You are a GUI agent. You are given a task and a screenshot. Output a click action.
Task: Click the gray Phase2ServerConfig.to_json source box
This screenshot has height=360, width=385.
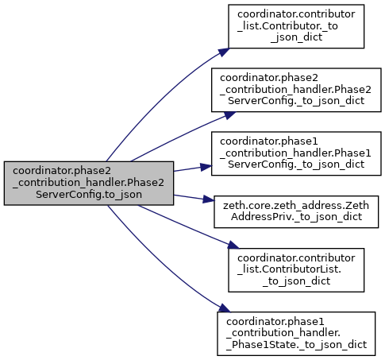(89, 183)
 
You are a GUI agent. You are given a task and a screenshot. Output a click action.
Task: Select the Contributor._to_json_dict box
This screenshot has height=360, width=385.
(296, 26)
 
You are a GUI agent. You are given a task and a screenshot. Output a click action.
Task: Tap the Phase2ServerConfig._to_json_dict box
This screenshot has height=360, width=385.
(296, 90)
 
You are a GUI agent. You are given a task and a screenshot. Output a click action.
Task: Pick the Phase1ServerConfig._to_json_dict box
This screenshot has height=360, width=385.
(296, 153)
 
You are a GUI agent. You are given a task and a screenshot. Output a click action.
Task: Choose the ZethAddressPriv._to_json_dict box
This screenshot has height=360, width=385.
(296, 211)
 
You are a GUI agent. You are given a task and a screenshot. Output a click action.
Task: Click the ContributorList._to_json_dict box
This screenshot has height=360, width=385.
(296, 270)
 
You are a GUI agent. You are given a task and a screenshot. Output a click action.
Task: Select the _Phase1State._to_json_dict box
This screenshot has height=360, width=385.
(296, 334)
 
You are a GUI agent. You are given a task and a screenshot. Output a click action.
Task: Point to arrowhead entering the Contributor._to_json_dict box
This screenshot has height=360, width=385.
(224, 52)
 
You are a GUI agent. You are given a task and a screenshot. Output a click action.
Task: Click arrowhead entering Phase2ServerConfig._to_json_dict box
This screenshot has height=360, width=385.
(229, 115)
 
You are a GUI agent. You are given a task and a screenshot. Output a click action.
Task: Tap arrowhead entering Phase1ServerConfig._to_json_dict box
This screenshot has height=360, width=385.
(206, 167)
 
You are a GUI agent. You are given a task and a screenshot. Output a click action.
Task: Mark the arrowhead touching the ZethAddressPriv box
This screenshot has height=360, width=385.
(208, 199)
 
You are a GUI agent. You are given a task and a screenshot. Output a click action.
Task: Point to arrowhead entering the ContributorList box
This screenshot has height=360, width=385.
(233, 245)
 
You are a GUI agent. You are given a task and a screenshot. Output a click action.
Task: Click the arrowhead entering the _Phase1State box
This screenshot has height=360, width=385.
(225, 308)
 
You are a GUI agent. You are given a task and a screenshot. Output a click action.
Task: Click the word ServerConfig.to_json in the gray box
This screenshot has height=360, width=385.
(89, 195)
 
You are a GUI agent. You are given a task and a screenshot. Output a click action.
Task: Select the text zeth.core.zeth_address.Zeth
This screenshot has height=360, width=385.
(296, 206)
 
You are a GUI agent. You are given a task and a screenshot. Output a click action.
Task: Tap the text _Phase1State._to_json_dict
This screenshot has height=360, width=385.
(296, 345)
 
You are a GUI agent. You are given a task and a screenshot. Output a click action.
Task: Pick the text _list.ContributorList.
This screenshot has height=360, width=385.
(290, 269)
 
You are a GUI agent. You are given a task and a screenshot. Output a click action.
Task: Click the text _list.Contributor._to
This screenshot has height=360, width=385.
(287, 26)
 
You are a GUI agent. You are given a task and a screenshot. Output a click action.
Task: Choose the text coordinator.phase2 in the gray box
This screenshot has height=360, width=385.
(62, 171)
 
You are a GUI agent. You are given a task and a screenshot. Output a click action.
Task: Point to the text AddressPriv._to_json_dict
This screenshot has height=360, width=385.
(296, 217)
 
